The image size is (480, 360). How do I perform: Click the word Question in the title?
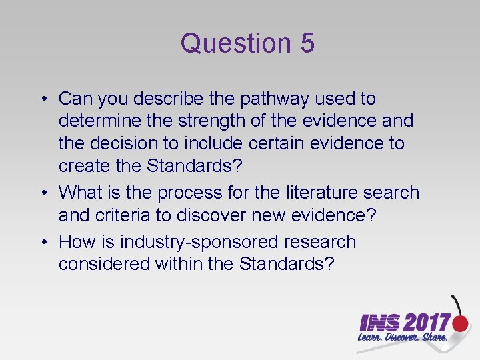tap(227, 43)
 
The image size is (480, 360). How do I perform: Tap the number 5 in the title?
tap(307, 43)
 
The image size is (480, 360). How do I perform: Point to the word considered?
tap(104, 263)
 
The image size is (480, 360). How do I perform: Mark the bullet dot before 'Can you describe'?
tap(42, 99)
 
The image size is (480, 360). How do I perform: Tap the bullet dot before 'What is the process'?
tap(42, 193)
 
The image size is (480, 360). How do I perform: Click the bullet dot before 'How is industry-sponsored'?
tap(42, 242)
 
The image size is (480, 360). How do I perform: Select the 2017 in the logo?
tap(427, 323)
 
